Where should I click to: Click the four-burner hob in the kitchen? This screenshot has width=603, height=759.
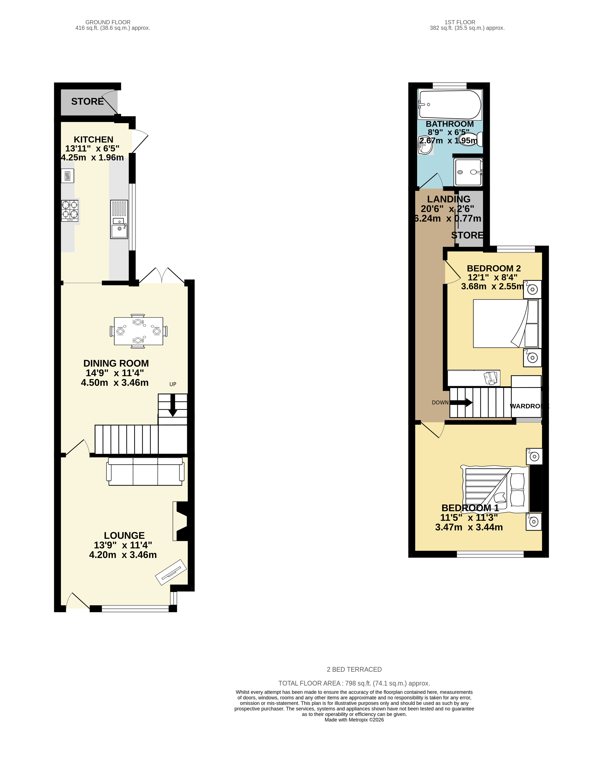pos(70,211)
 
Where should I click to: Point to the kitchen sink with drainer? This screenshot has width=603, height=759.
pos(119,219)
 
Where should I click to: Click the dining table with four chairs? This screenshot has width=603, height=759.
pos(138,331)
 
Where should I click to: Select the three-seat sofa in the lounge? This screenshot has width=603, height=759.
pos(145,471)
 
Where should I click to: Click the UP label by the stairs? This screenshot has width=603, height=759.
pos(172,384)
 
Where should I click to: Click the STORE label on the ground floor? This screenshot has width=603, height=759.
pos(87,101)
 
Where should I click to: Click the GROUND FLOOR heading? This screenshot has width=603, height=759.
pos(108,22)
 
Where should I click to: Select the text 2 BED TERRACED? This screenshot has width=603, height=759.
pos(354,669)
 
